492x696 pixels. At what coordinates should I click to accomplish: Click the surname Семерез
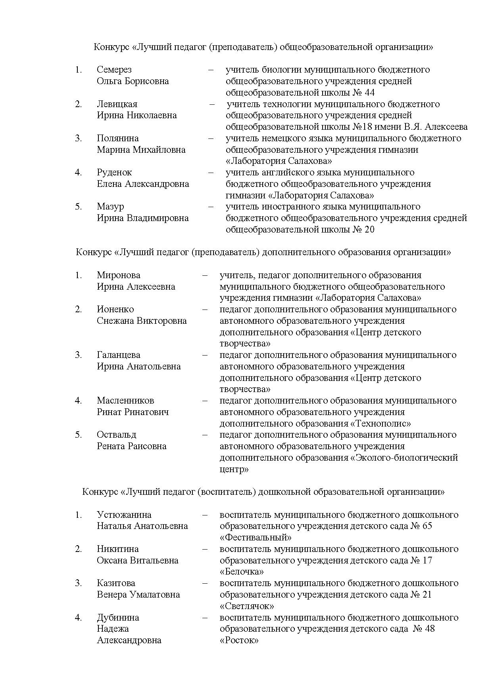114,70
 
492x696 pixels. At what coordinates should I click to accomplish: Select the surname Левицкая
117,104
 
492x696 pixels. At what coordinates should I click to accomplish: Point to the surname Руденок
114,173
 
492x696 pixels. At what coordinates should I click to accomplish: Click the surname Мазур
110,207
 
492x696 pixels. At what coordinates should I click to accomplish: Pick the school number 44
369,93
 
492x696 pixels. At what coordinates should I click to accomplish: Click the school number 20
369,230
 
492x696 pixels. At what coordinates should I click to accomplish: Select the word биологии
282,70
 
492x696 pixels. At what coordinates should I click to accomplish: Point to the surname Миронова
118,275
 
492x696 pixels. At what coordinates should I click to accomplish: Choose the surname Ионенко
115,310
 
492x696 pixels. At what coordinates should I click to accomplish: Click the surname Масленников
125,401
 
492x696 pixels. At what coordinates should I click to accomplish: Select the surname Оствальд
116,435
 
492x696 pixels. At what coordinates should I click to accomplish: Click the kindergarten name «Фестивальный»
256,538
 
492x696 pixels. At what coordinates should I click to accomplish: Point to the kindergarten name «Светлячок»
247,606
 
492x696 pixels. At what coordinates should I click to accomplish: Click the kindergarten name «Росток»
239,640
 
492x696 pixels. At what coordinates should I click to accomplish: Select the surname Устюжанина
124,515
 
